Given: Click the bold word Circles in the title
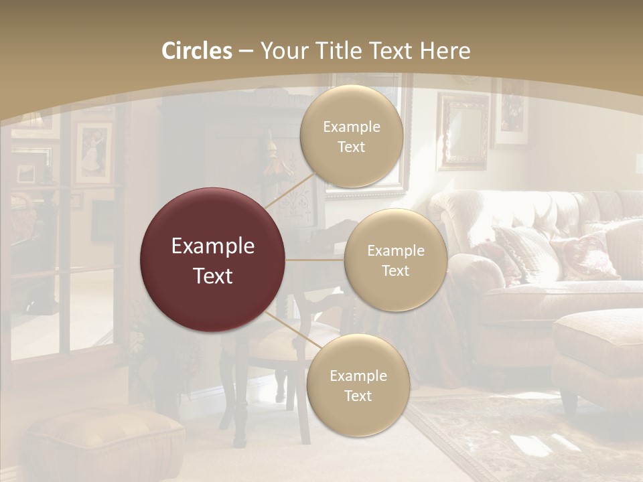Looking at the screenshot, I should click(x=196, y=51).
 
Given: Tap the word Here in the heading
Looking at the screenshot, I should click(x=445, y=51).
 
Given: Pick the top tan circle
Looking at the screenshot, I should click(x=351, y=137).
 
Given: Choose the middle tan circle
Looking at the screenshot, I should click(x=395, y=260).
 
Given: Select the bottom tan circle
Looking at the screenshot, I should click(x=358, y=386).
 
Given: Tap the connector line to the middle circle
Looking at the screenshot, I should click(x=315, y=260).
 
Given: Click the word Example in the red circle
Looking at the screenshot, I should click(x=212, y=246).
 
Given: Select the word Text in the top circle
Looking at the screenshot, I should click(x=351, y=147).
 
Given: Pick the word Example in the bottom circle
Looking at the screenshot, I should click(x=358, y=376).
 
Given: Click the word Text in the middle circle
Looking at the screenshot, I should click(x=395, y=270).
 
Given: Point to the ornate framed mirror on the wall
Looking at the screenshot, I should click(x=463, y=131).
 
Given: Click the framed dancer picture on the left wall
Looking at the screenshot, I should click(x=92, y=153).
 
